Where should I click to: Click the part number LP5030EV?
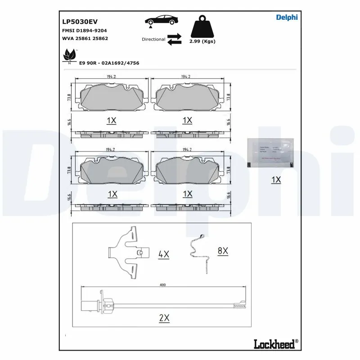pyautogui.click(x=80, y=21)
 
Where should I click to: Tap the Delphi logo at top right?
pyautogui.click(x=286, y=18)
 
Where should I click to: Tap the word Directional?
pyautogui.click(x=153, y=40)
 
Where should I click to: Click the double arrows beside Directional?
pyautogui.click(x=174, y=39)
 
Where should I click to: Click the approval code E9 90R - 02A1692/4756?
pyautogui.click(x=109, y=63)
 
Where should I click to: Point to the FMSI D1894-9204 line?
pyautogui.click(x=84, y=30)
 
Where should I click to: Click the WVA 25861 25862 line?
pyautogui.click(x=85, y=39)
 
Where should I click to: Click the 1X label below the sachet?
pyautogui.click(x=276, y=180)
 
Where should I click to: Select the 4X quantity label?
pyautogui.click(x=163, y=254)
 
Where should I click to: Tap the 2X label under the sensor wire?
pyautogui.click(x=164, y=318)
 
